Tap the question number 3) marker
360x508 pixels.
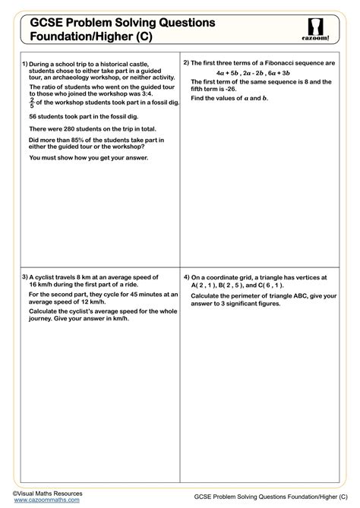click(25, 276)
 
